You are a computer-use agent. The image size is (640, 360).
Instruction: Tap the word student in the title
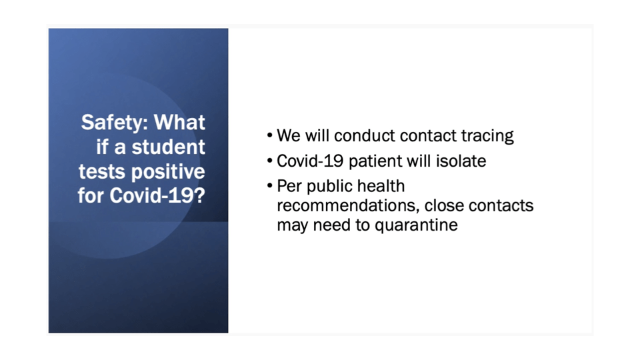point(168,147)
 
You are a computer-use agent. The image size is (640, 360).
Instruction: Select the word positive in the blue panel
point(168,172)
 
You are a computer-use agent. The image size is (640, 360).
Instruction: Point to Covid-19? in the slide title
point(157,195)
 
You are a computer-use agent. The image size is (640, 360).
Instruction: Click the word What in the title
point(179,122)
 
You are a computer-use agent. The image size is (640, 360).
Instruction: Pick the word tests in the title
point(103,172)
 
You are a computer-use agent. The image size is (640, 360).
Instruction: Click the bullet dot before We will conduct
point(270,135)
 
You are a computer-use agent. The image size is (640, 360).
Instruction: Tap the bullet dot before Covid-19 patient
point(270,161)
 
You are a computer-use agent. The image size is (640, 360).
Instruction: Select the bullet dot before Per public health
point(270,186)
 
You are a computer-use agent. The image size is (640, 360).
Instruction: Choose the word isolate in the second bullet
point(461,161)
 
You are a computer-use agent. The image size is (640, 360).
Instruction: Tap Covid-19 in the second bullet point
point(310,161)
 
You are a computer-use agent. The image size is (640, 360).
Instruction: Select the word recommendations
point(348,205)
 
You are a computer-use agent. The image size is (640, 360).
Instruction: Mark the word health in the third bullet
point(381,186)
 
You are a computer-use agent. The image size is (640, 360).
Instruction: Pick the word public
point(329,187)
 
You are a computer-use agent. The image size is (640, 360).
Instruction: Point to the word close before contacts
point(444,205)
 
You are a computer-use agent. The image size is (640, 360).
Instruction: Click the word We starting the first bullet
point(289,135)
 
